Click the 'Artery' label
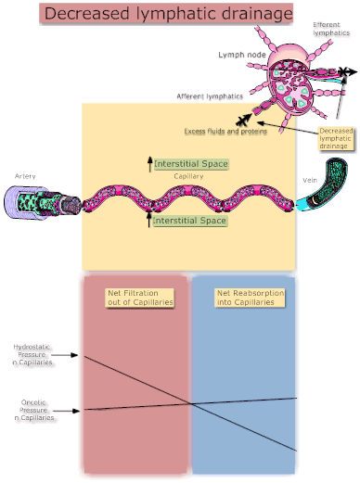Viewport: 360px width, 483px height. click(25, 176)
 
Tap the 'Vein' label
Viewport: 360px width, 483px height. click(311, 178)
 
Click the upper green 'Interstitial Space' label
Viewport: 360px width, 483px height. click(190, 163)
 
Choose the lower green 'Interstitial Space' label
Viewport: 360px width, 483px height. click(189, 222)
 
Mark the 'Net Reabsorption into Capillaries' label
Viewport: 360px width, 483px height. click(250, 298)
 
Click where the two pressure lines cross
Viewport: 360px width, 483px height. click(193, 403)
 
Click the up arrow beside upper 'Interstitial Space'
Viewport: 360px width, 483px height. click(148, 164)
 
